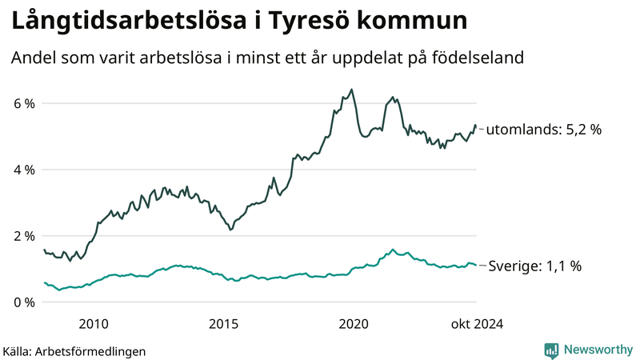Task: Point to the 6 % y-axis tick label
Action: click(24, 103)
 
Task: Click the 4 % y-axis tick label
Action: click(24, 170)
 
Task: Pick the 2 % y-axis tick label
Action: click(24, 236)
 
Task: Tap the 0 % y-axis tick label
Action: click(24, 302)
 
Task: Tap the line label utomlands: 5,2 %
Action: click(543, 129)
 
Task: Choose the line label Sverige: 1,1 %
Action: click(534, 266)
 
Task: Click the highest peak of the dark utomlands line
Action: click(352, 90)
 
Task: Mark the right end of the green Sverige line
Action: click(476, 265)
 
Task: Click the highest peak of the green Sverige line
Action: click(393, 250)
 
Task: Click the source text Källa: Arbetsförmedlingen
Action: click(74, 350)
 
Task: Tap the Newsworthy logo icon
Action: click(551, 350)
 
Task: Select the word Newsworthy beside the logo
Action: click(597, 350)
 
